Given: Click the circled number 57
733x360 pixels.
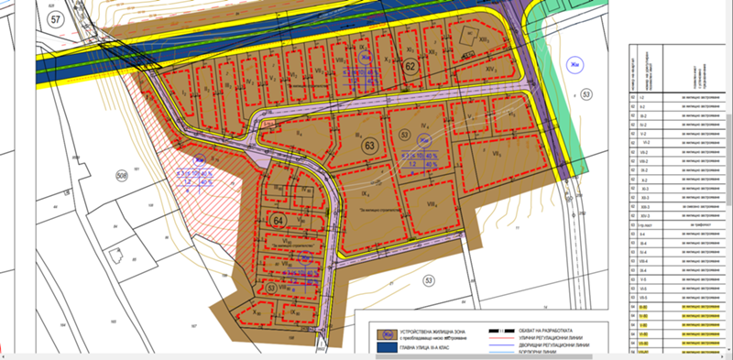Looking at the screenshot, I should [x=59, y=17].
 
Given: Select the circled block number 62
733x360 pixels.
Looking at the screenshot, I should [x=410, y=67].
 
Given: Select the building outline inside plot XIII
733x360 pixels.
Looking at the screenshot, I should [x=470, y=36].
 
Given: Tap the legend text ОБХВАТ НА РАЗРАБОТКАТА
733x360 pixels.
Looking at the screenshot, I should [x=542, y=330].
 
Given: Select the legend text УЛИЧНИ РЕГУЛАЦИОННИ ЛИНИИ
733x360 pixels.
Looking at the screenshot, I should [x=555, y=338].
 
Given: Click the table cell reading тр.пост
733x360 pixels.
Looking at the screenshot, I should [x=645, y=224].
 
